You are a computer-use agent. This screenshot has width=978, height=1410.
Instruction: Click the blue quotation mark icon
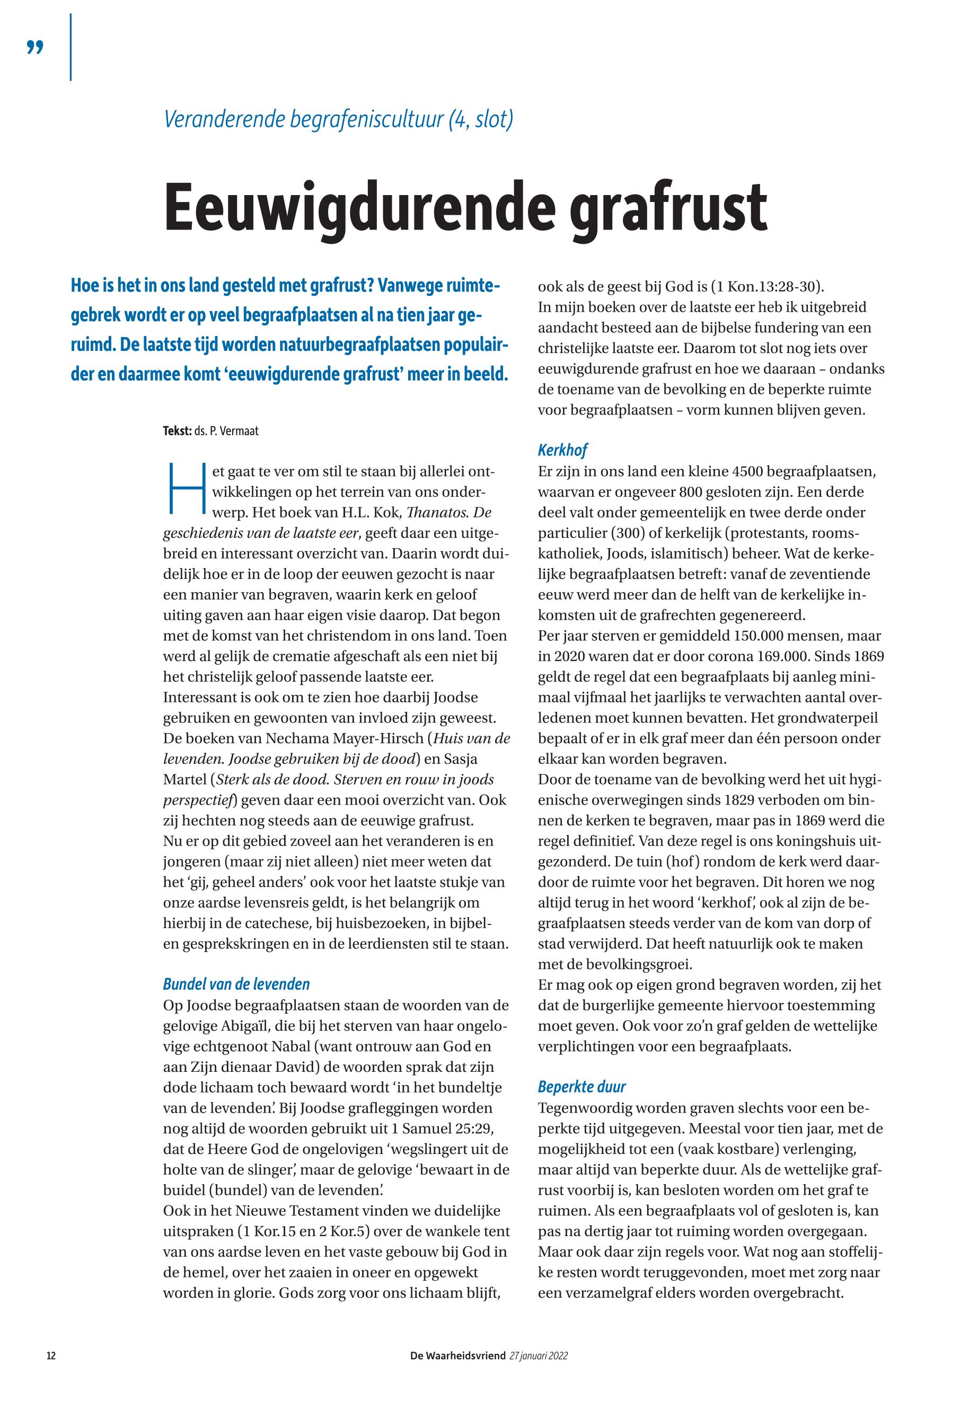pyautogui.click(x=36, y=48)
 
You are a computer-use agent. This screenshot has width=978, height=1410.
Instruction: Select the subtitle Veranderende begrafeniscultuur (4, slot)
pyautogui.click(x=338, y=118)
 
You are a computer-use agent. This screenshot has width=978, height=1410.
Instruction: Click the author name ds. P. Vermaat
pyautogui.click(x=226, y=431)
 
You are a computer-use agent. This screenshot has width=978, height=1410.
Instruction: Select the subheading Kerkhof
pyautogui.click(x=562, y=451)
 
